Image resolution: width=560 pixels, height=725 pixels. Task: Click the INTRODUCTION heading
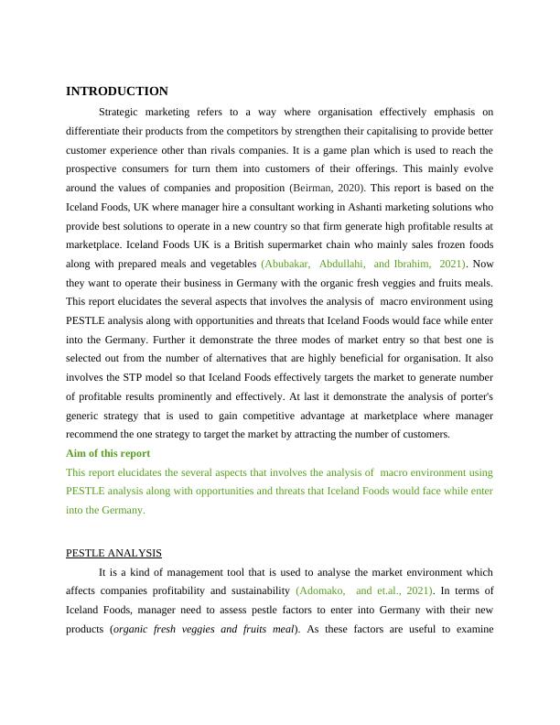click(x=117, y=92)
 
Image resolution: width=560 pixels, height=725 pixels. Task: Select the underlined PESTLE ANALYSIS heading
click(x=113, y=553)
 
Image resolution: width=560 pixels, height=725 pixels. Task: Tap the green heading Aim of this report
click(x=108, y=453)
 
